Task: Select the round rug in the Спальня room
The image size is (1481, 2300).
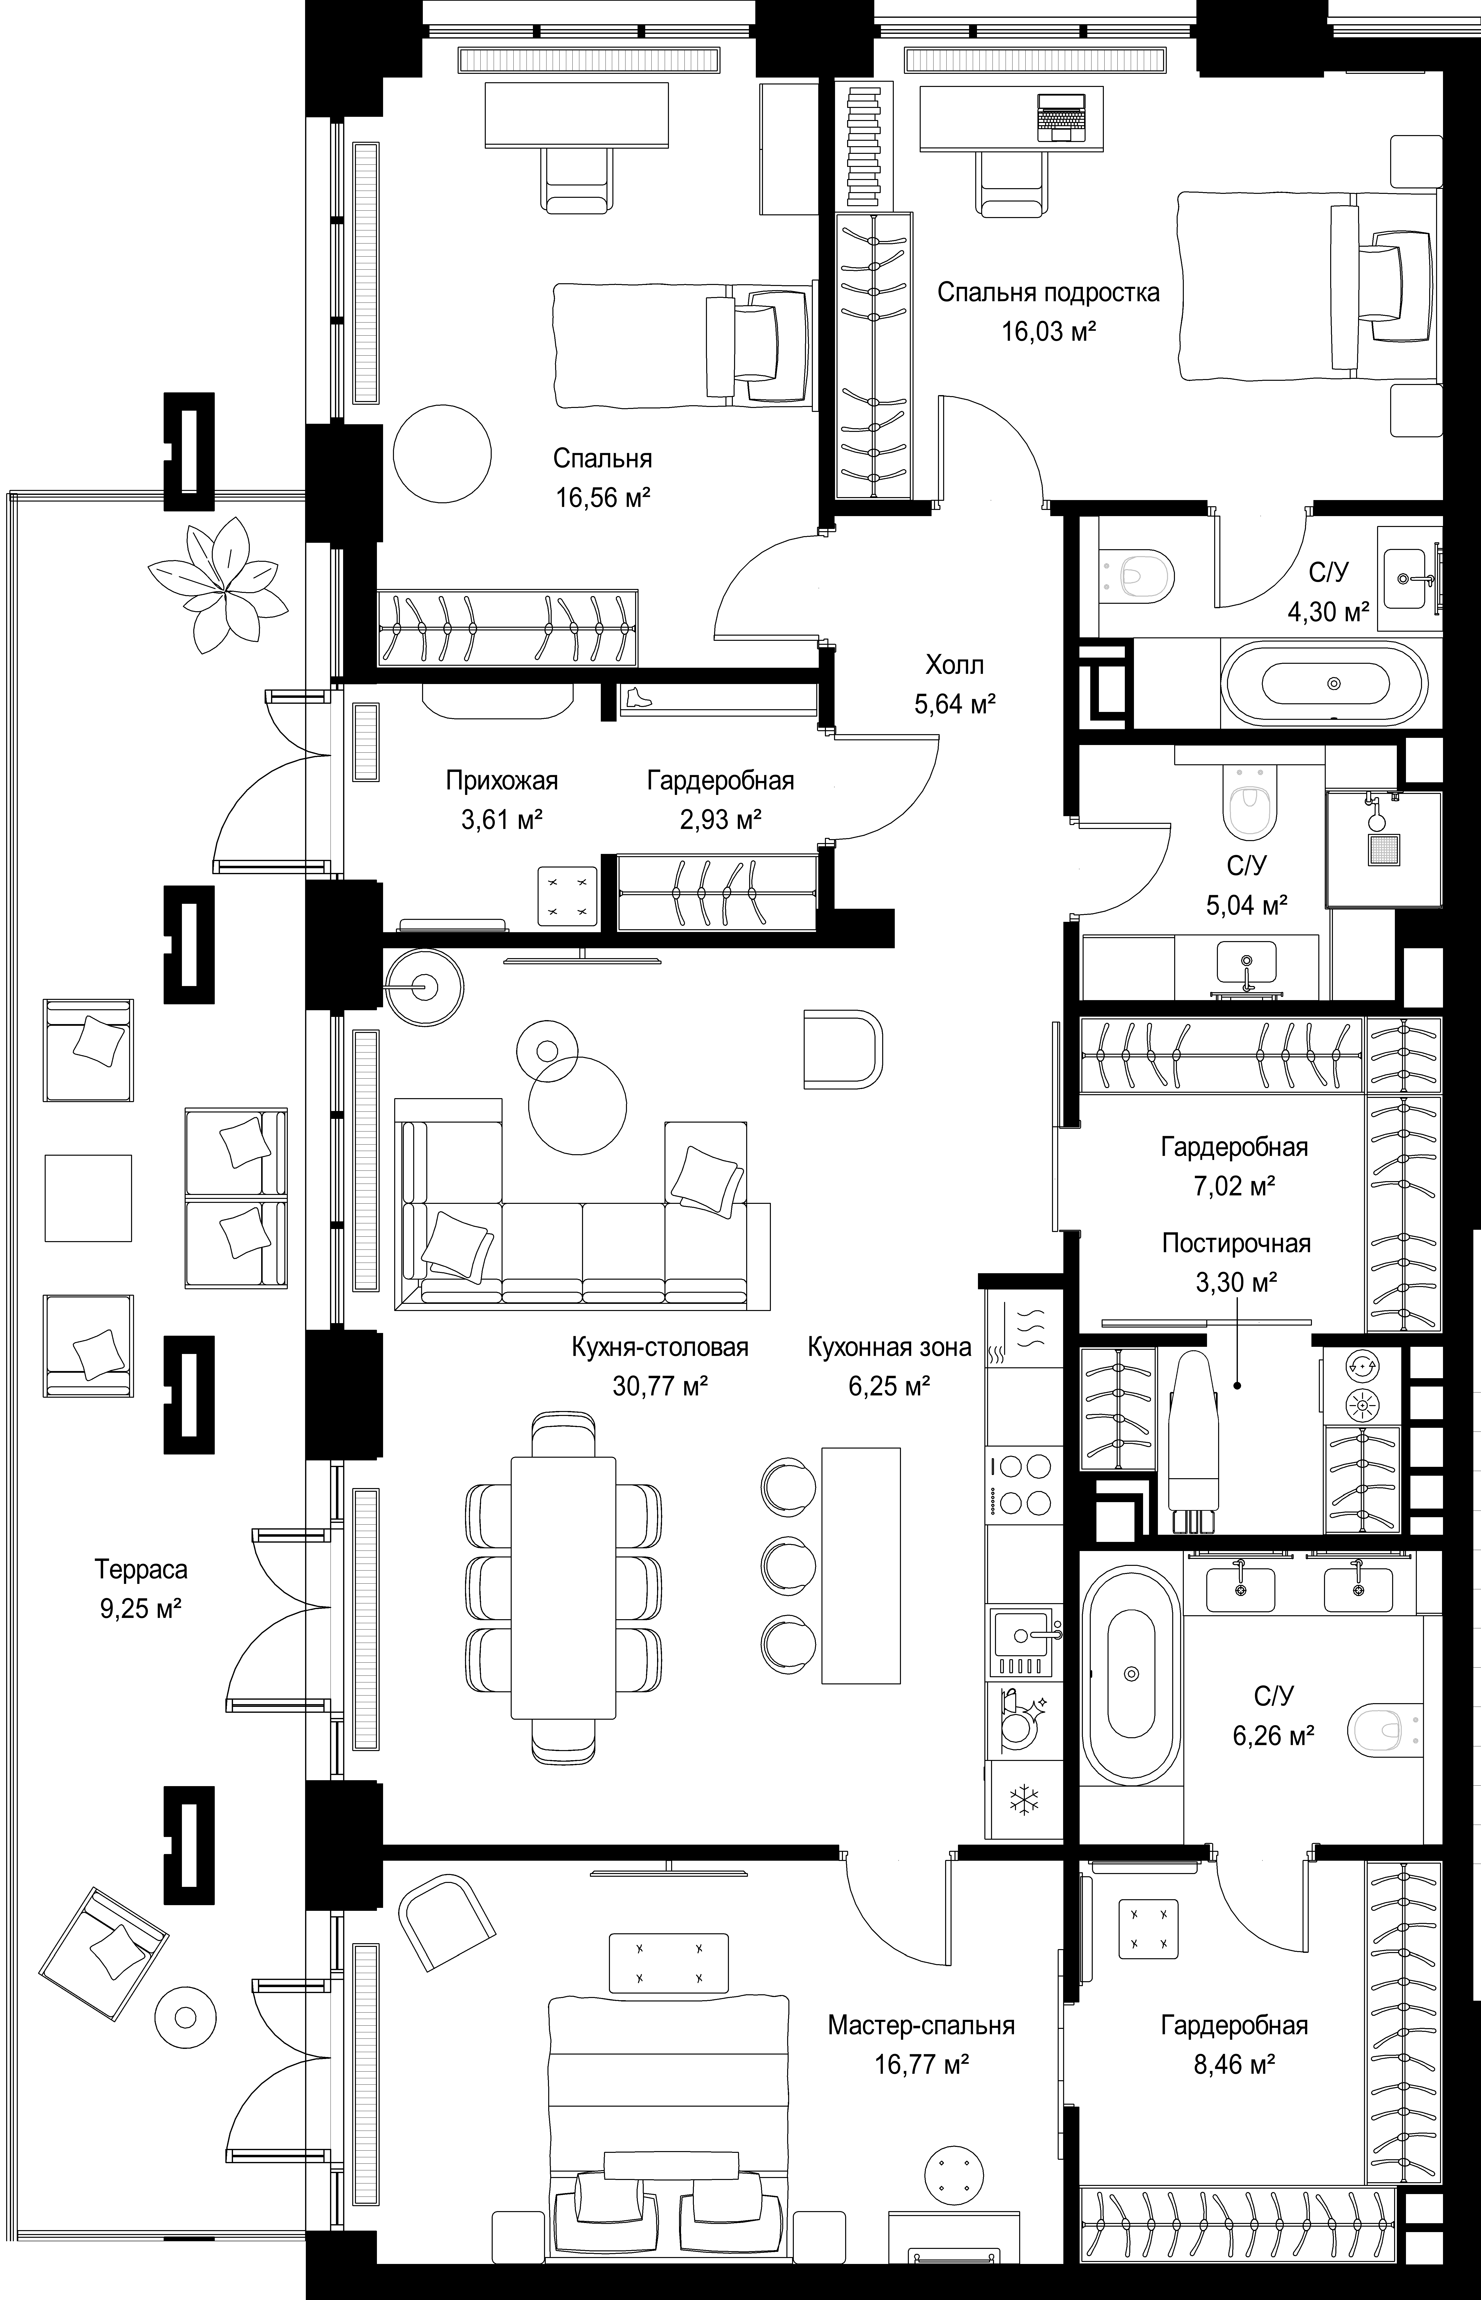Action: pos(442,452)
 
